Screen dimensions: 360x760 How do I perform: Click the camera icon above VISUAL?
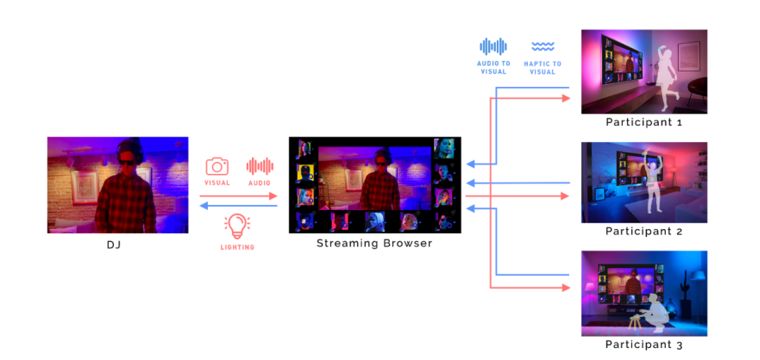217,166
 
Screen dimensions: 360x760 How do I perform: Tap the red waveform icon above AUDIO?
260,166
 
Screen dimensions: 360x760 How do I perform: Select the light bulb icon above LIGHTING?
237,226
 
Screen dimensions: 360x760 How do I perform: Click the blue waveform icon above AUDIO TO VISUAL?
493,47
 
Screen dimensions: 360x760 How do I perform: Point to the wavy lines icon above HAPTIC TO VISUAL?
543,47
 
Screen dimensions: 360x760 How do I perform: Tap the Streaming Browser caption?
374,243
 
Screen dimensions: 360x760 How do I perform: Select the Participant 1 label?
644,122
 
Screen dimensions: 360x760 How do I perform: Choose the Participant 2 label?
644,231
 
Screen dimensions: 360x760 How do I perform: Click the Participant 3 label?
644,345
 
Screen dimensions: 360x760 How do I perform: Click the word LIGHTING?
237,248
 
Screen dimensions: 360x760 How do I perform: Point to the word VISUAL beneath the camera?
217,183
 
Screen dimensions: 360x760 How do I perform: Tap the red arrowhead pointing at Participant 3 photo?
566,288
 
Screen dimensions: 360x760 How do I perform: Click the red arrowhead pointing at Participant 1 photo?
566,98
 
